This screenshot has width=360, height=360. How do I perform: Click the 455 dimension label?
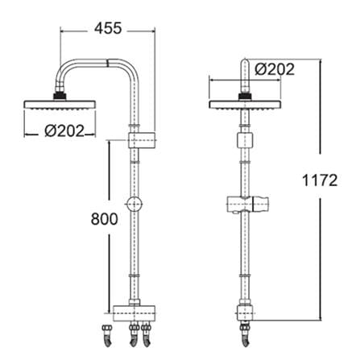tap(108, 28)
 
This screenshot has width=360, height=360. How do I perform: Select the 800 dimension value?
tap(104, 219)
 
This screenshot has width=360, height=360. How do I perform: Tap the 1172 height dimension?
tap(320, 180)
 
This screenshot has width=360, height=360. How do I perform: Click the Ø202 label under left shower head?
tap(64, 131)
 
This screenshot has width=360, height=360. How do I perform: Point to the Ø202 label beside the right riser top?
tap(275, 69)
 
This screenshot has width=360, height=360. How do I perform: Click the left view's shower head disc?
tap(60, 105)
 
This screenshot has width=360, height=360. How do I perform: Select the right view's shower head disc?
tap(245, 105)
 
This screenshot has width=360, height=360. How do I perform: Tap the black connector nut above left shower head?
tap(60, 96)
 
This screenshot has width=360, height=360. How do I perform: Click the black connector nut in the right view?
tap(245, 97)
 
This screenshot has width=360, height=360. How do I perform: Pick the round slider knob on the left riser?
tap(134, 205)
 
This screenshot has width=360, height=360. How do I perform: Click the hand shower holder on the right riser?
tap(247, 205)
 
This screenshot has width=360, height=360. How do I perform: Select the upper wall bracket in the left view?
tap(142, 140)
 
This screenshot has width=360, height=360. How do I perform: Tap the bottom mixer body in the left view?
tap(134, 313)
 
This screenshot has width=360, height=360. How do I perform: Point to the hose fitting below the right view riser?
tap(245, 334)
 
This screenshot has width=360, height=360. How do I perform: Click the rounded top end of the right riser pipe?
tap(245, 62)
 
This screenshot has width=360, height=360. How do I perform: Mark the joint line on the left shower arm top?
tap(107, 63)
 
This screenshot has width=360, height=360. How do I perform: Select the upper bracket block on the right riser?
tap(245, 140)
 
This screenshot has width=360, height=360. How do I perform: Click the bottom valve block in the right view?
tap(245, 313)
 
